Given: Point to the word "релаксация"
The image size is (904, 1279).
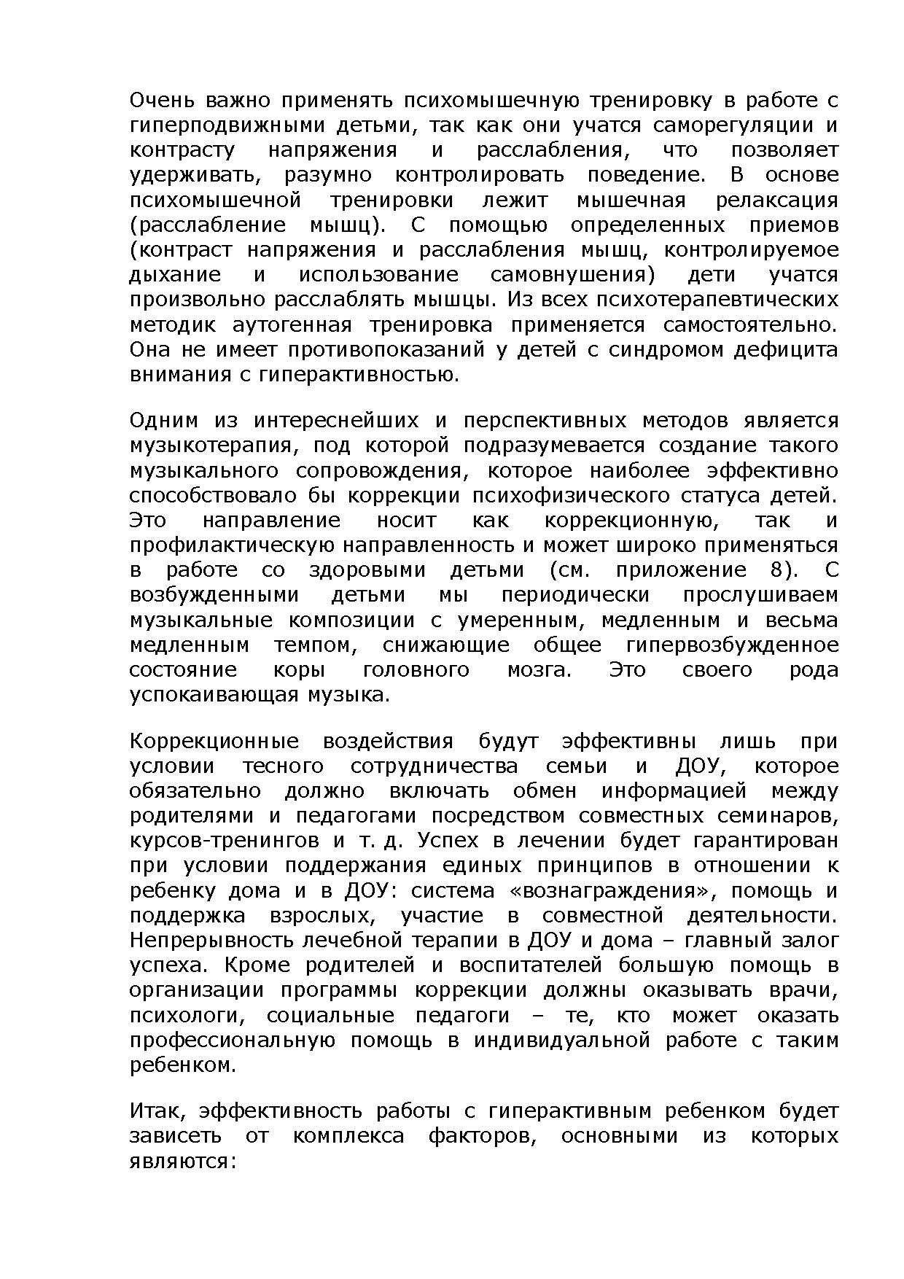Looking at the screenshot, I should pyautogui.click(x=777, y=200).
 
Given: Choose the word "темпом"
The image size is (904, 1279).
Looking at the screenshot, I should pyautogui.click(x=310, y=645).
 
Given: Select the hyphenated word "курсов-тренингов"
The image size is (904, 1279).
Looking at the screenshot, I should pyautogui.click(x=224, y=841).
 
